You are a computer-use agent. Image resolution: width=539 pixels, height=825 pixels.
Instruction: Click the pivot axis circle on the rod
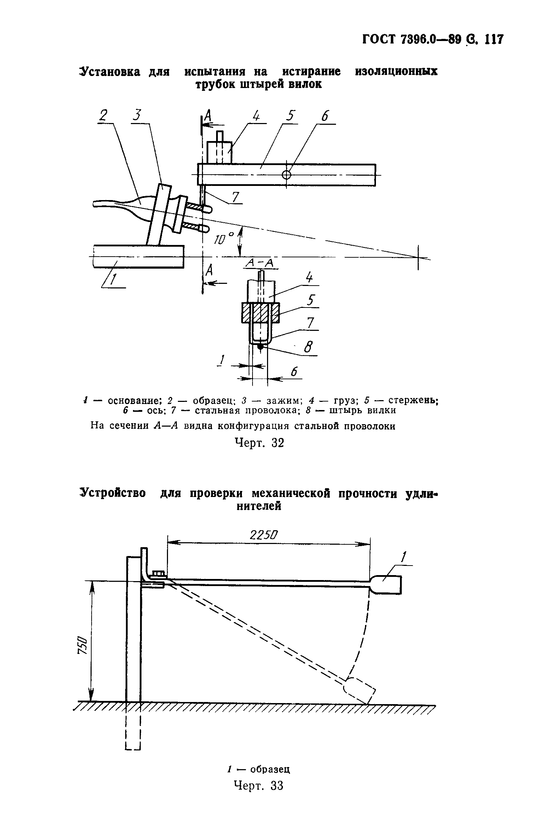[286, 175]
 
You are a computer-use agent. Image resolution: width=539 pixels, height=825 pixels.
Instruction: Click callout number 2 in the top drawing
[103, 115]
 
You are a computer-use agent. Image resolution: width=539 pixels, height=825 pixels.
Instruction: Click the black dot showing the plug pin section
[260, 347]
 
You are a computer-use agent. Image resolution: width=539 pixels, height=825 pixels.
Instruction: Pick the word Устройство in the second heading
[113, 493]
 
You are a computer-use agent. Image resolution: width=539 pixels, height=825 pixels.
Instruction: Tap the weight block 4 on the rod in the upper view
[219, 153]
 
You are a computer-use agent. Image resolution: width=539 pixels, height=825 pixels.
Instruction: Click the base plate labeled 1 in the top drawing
[138, 257]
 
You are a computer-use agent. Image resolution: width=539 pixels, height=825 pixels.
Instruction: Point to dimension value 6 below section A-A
[294, 371]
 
